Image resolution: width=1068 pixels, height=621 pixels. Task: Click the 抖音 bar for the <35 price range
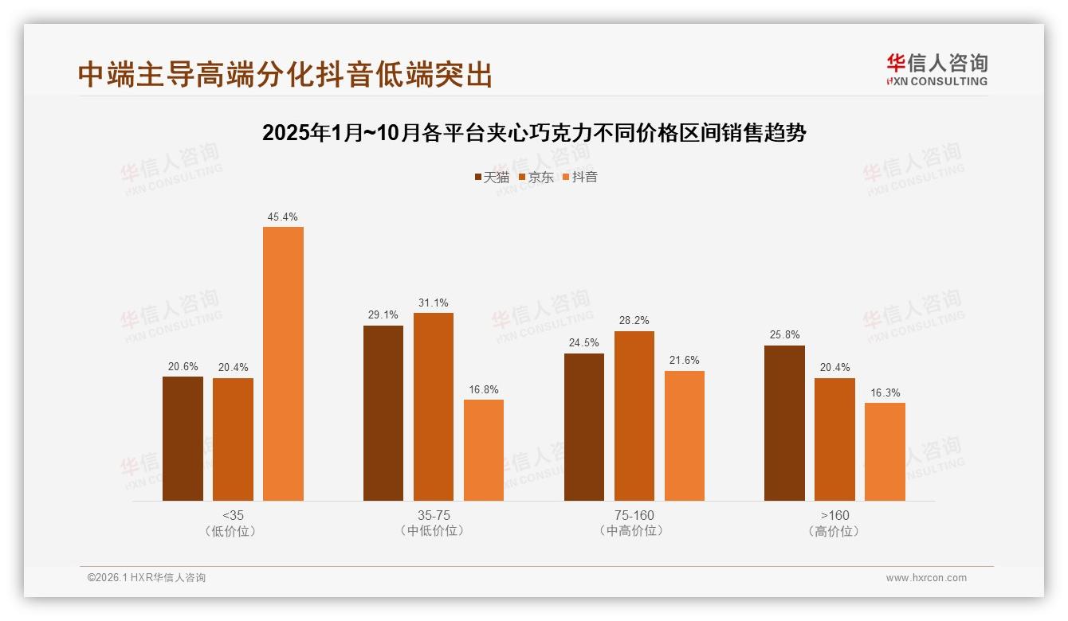click(283, 364)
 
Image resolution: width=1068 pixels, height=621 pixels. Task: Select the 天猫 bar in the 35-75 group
click(383, 413)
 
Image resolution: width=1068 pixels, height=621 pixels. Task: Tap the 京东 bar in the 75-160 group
click(634, 416)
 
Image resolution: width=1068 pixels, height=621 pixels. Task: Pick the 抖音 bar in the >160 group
click(885, 451)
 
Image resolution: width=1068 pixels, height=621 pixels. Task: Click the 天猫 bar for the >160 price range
click(784, 423)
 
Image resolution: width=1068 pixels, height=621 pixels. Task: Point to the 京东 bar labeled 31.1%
click(434, 407)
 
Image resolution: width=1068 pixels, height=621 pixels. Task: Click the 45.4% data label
click(283, 217)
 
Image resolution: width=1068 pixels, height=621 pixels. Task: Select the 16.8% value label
click(484, 389)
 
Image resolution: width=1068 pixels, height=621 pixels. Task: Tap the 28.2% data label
click(634, 321)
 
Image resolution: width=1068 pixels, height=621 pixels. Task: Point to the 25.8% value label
click(784, 335)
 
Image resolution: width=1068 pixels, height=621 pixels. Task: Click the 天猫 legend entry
click(492, 177)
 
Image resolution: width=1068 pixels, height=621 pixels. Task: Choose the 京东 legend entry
click(536, 177)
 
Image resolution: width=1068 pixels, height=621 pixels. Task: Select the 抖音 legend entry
click(580, 177)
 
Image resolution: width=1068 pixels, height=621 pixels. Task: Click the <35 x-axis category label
click(233, 515)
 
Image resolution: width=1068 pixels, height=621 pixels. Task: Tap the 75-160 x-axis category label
click(634, 515)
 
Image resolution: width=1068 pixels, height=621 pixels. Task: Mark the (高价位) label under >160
click(834, 531)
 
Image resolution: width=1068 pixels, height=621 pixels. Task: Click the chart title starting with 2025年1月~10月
click(534, 133)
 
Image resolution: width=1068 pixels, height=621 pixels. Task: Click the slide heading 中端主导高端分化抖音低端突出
click(285, 74)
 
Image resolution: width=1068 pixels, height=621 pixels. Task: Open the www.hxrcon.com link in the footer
click(926, 578)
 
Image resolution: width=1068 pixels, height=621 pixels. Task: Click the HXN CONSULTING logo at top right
click(936, 70)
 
